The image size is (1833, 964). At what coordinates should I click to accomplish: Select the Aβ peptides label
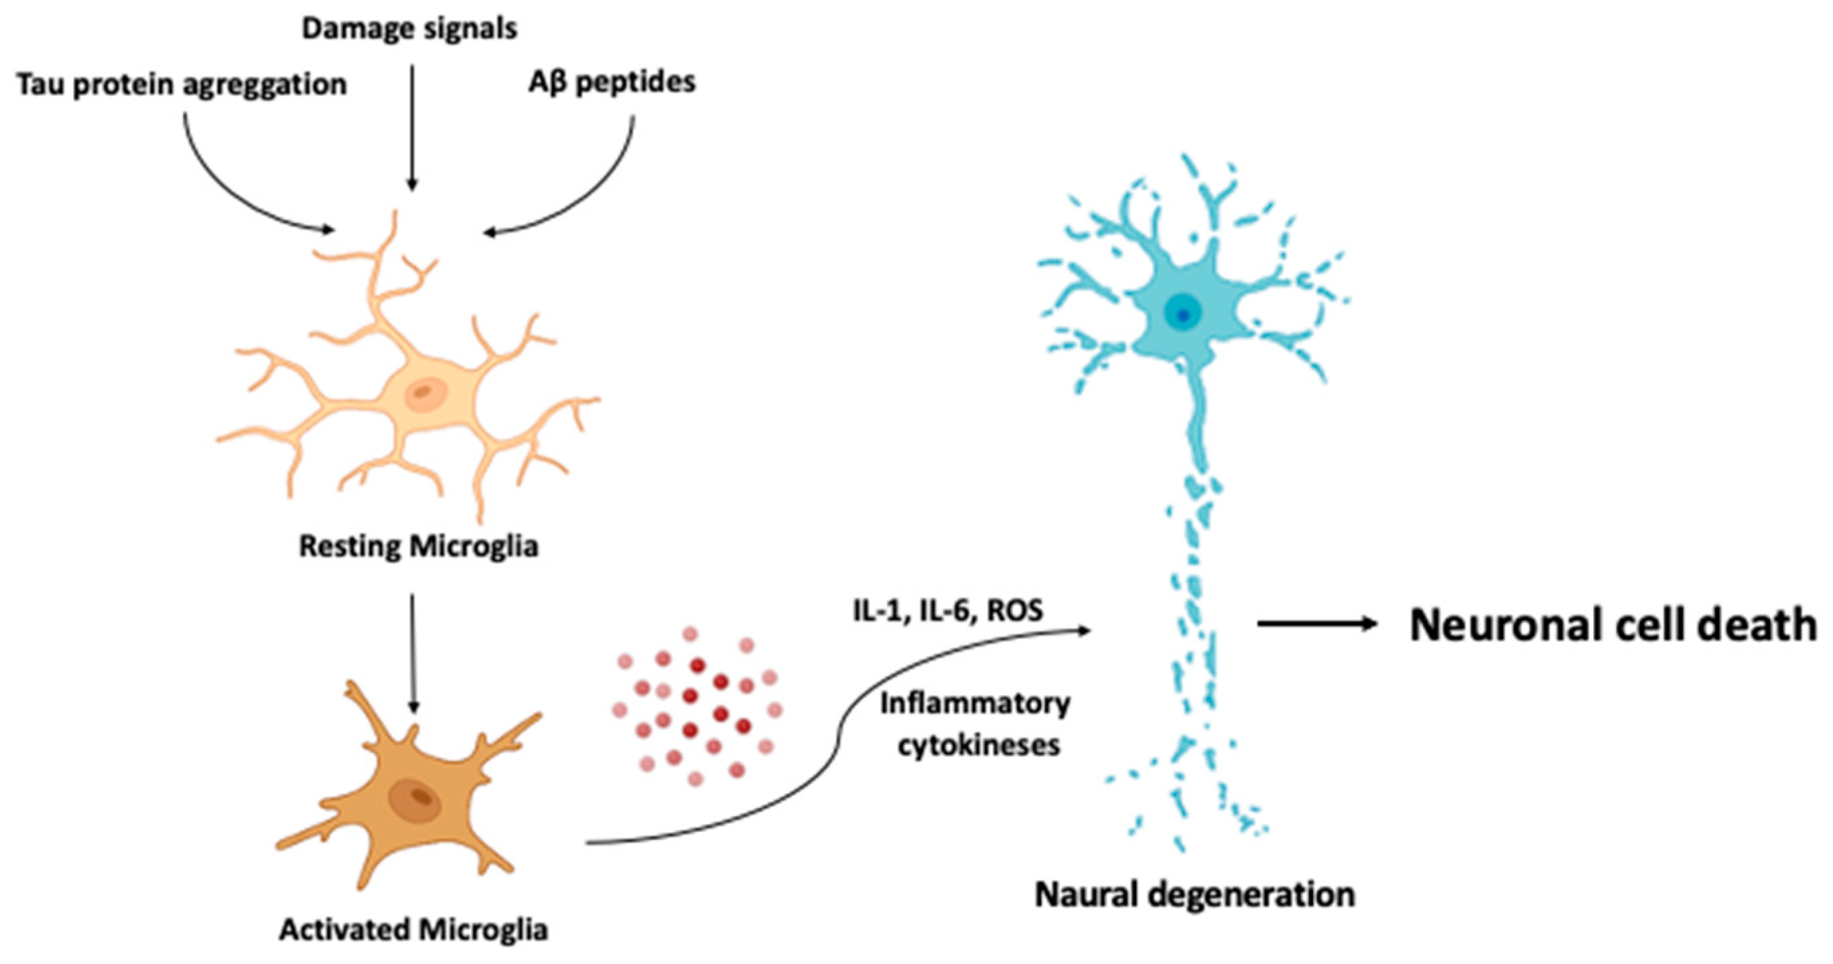pos(612,82)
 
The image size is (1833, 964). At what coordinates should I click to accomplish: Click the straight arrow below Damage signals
pos(411,128)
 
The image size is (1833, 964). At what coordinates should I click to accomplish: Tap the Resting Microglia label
pos(419,547)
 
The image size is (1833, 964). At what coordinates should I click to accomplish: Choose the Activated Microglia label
pos(413,930)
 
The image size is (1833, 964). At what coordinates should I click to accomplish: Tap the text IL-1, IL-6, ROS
pos(948,610)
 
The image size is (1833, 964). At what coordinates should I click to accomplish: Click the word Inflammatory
pos(975,704)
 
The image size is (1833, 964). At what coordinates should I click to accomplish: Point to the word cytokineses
pos(978,746)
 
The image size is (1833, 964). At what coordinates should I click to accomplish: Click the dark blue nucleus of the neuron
pos(1182,314)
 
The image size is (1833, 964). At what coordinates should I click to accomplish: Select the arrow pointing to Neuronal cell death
pos(1316,624)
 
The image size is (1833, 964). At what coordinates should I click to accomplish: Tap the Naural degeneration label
pos(1195,895)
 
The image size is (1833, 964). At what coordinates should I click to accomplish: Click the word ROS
pos(1016,610)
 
